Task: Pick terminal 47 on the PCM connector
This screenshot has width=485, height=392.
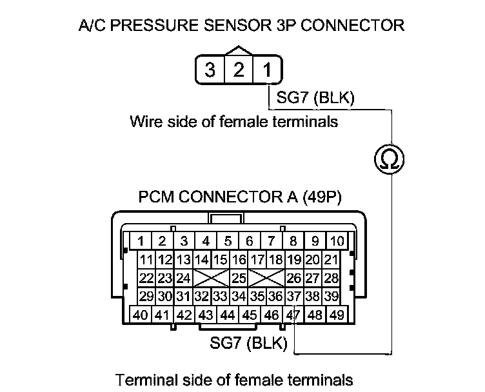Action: click(x=293, y=315)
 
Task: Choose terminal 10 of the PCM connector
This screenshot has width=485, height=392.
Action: click(x=337, y=242)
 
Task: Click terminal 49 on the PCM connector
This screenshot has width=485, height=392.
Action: click(x=337, y=315)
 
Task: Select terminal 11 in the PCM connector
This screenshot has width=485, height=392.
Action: click(x=146, y=260)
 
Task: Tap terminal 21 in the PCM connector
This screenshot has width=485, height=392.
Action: click(x=332, y=260)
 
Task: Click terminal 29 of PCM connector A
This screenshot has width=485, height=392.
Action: click(x=146, y=297)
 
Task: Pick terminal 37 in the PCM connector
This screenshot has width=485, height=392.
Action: click(x=294, y=297)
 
